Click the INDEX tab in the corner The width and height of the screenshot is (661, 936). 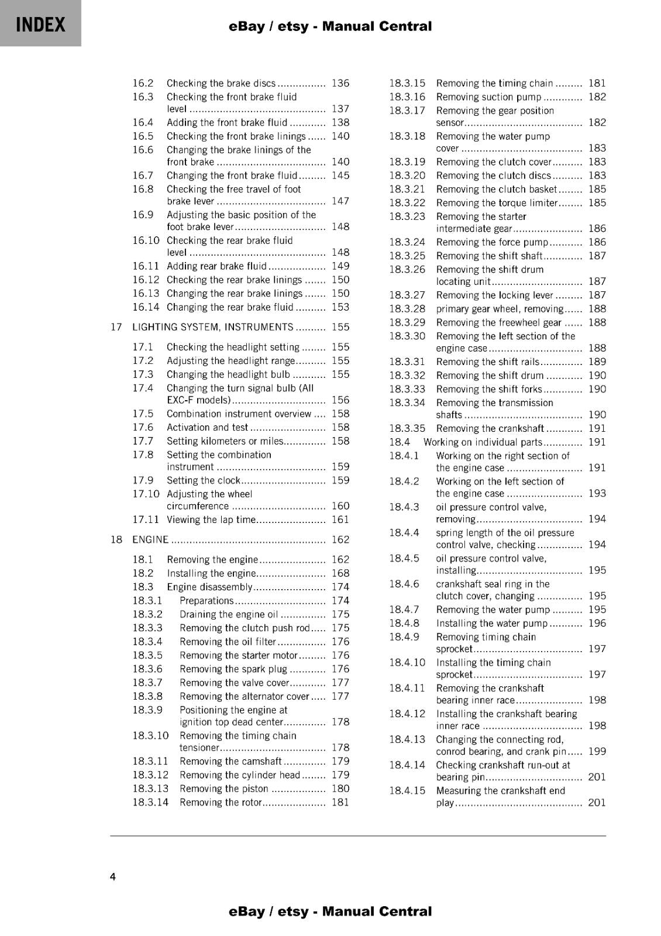pos(40,24)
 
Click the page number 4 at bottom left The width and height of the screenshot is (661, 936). pos(113,876)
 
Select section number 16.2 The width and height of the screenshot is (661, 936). pos(143,83)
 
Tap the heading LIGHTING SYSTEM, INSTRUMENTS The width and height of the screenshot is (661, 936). pos(212,327)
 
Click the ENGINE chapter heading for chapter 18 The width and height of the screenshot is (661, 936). pos(150,539)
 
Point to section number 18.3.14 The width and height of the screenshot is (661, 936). pos(150,802)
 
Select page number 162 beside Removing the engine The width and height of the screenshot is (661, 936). pos(340,559)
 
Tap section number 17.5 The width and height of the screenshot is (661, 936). pos(143,414)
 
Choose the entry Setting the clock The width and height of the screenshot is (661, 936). pos(204,480)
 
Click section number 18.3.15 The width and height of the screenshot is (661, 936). pos(408,83)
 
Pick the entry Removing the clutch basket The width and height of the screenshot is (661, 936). pos(497,189)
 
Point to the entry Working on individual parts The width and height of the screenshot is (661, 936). pos(483,442)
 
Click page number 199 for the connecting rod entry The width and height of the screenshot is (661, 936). pos(597,751)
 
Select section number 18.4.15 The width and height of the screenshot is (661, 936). pos(408,790)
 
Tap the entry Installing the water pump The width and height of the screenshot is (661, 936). pos(491,623)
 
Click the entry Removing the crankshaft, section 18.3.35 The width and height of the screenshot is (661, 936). pos(490,428)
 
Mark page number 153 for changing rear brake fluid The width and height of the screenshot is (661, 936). pos(340,307)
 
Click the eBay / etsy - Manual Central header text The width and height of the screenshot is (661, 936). pos(330,26)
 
